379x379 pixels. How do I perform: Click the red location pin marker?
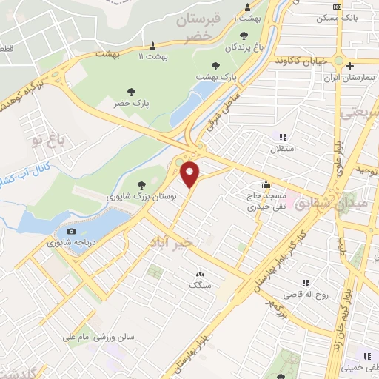[x=191, y=175]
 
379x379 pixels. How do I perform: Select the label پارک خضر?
[x=132, y=104]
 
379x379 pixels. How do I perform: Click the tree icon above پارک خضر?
[x=132, y=92]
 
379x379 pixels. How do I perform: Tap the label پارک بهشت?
[x=215, y=76]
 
